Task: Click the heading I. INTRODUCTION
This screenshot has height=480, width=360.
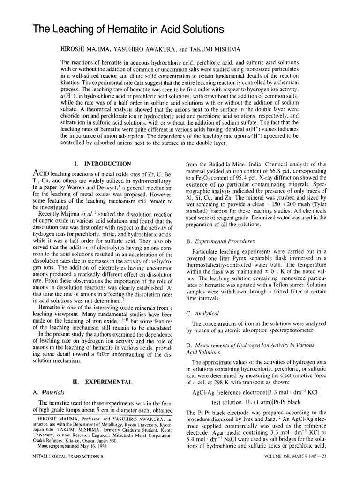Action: tap(103, 164)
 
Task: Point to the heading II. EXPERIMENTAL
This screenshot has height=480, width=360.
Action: tap(101, 382)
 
